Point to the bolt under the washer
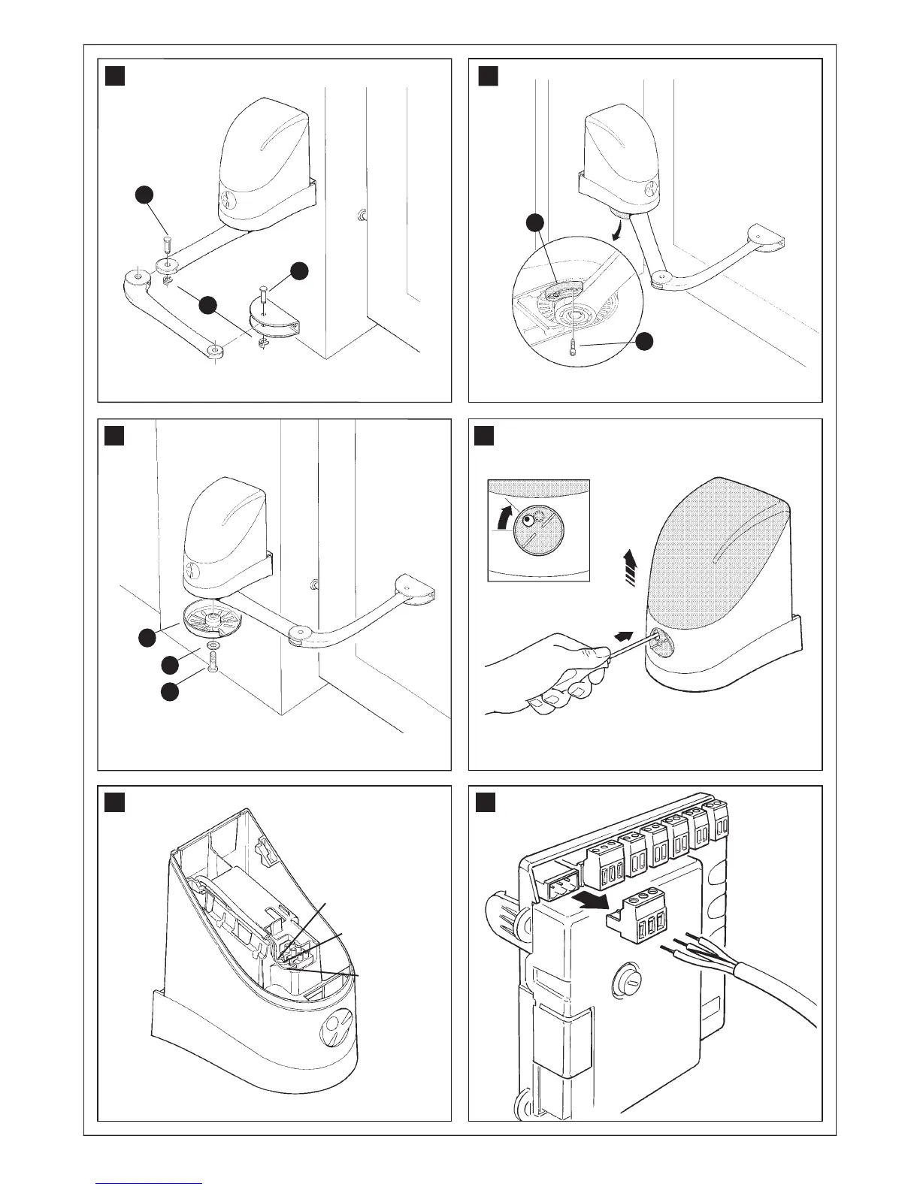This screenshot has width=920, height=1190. tap(213, 664)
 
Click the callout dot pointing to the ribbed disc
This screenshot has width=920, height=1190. tap(147, 639)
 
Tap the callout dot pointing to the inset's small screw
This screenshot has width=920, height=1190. tap(643, 342)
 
